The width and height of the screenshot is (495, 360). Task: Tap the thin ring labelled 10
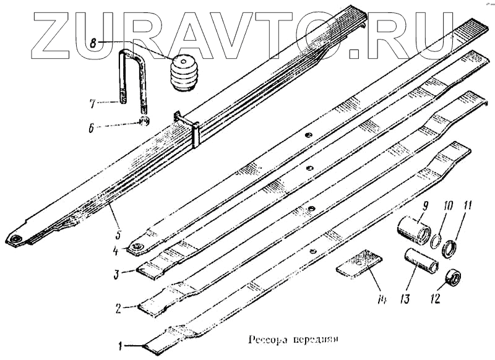(437, 240)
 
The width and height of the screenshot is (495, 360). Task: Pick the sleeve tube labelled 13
(422, 261)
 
